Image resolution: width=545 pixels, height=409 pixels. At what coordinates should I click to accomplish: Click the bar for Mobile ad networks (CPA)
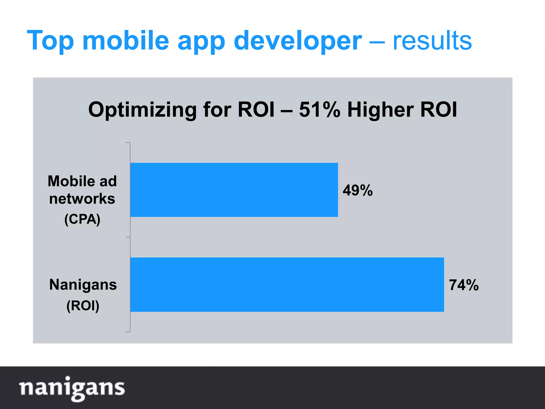(234, 190)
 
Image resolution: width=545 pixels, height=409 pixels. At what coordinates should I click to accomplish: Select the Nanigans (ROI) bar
(287, 284)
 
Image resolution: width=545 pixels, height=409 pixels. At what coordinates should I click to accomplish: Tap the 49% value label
(358, 190)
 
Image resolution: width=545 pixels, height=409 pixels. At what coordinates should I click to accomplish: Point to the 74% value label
(464, 285)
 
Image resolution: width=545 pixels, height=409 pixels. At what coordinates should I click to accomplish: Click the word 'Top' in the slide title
(50, 40)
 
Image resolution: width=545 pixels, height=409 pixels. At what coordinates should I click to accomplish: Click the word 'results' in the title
(432, 40)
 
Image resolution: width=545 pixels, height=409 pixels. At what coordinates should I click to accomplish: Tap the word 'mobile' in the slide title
(126, 40)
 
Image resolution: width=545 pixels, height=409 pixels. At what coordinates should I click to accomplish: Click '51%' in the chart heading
(320, 109)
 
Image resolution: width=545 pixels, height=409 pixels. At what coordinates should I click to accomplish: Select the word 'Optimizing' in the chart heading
(142, 110)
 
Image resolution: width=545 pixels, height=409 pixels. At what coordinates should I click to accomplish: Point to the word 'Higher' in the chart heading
(380, 110)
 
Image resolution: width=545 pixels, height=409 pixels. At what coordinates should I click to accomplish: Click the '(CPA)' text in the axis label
(82, 219)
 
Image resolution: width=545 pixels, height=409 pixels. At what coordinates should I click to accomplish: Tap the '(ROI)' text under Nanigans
(83, 305)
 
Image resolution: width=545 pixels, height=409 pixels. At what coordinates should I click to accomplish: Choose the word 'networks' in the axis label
(82, 199)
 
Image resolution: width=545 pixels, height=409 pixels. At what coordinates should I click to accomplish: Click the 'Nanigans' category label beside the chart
(83, 285)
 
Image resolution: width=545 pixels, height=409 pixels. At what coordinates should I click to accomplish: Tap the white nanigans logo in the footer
(72, 388)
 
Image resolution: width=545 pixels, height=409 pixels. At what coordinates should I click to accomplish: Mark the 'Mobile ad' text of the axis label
(82, 181)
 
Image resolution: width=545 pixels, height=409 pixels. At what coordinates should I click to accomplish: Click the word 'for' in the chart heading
(217, 109)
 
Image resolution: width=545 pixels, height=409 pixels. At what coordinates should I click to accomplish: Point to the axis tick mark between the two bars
(128, 237)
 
